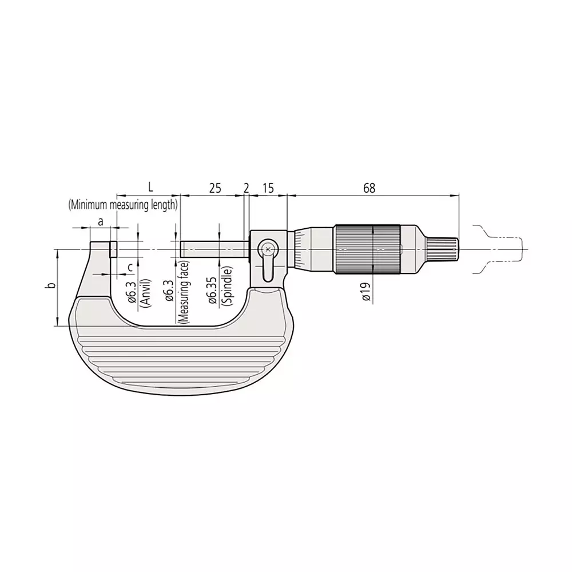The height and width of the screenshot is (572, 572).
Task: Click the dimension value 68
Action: (x=369, y=188)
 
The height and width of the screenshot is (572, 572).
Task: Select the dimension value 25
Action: (x=214, y=188)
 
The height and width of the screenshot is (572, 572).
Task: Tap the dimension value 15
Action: (x=268, y=188)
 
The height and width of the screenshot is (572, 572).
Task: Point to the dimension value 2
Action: (x=247, y=188)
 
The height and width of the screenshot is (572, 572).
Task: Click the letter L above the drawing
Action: (x=150, y=187)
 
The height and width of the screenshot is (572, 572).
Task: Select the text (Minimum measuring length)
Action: (x=122, y=204)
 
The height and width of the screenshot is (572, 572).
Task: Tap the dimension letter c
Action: (x=130, y=267)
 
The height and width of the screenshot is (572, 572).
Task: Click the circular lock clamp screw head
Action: (x=268, y=249)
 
